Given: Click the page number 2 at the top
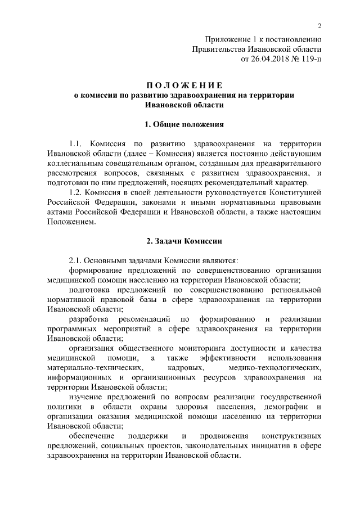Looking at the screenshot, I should pos(319,26).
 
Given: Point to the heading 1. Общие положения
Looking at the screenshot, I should pos(184,124).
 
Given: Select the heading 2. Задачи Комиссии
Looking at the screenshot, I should pos(184,241).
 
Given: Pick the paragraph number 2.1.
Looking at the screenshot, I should pos(75,260).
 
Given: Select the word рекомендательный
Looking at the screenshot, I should pos(240,182).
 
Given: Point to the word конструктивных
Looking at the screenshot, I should pos(292,436).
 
